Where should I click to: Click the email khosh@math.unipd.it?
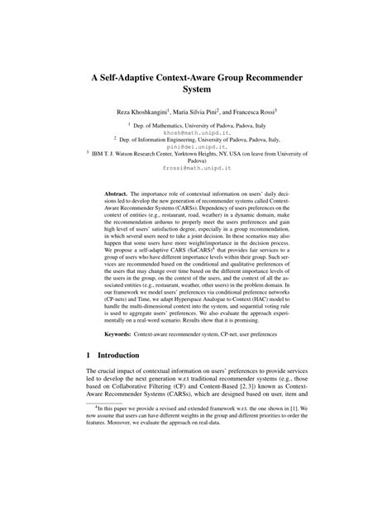(195, 132)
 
